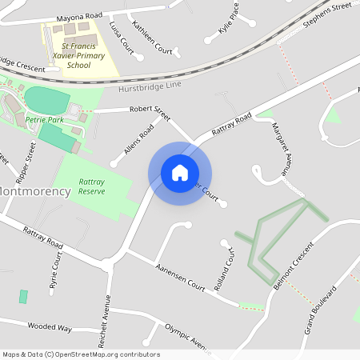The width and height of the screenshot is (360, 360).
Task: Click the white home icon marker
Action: (x=180, y=173)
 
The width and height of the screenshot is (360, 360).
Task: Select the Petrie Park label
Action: (x=43, y=119)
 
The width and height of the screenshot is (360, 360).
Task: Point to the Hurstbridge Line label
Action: (x=150, y=86)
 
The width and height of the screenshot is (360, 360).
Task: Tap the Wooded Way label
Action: (x=50, y=328)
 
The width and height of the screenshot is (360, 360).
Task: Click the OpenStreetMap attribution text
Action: (x=80, y=354)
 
